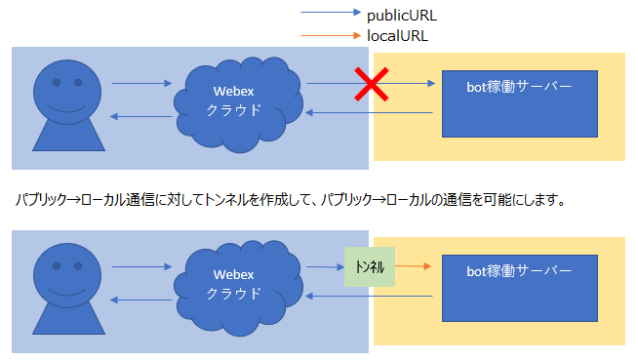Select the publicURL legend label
click(x=402, y=16)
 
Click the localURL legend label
click(x=397, y=35)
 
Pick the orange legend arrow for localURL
click(x=330, y=36)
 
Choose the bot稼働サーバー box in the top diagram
click(x=518, y=102)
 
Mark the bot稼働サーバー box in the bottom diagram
click(x=518, y=288)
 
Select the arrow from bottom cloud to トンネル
click(x=322, y=265)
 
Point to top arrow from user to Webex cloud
click(x=141, y=84)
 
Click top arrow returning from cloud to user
click(x=141, y=117)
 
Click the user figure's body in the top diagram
click(x=67, y=137)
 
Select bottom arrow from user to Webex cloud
click(x=141, y=265)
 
